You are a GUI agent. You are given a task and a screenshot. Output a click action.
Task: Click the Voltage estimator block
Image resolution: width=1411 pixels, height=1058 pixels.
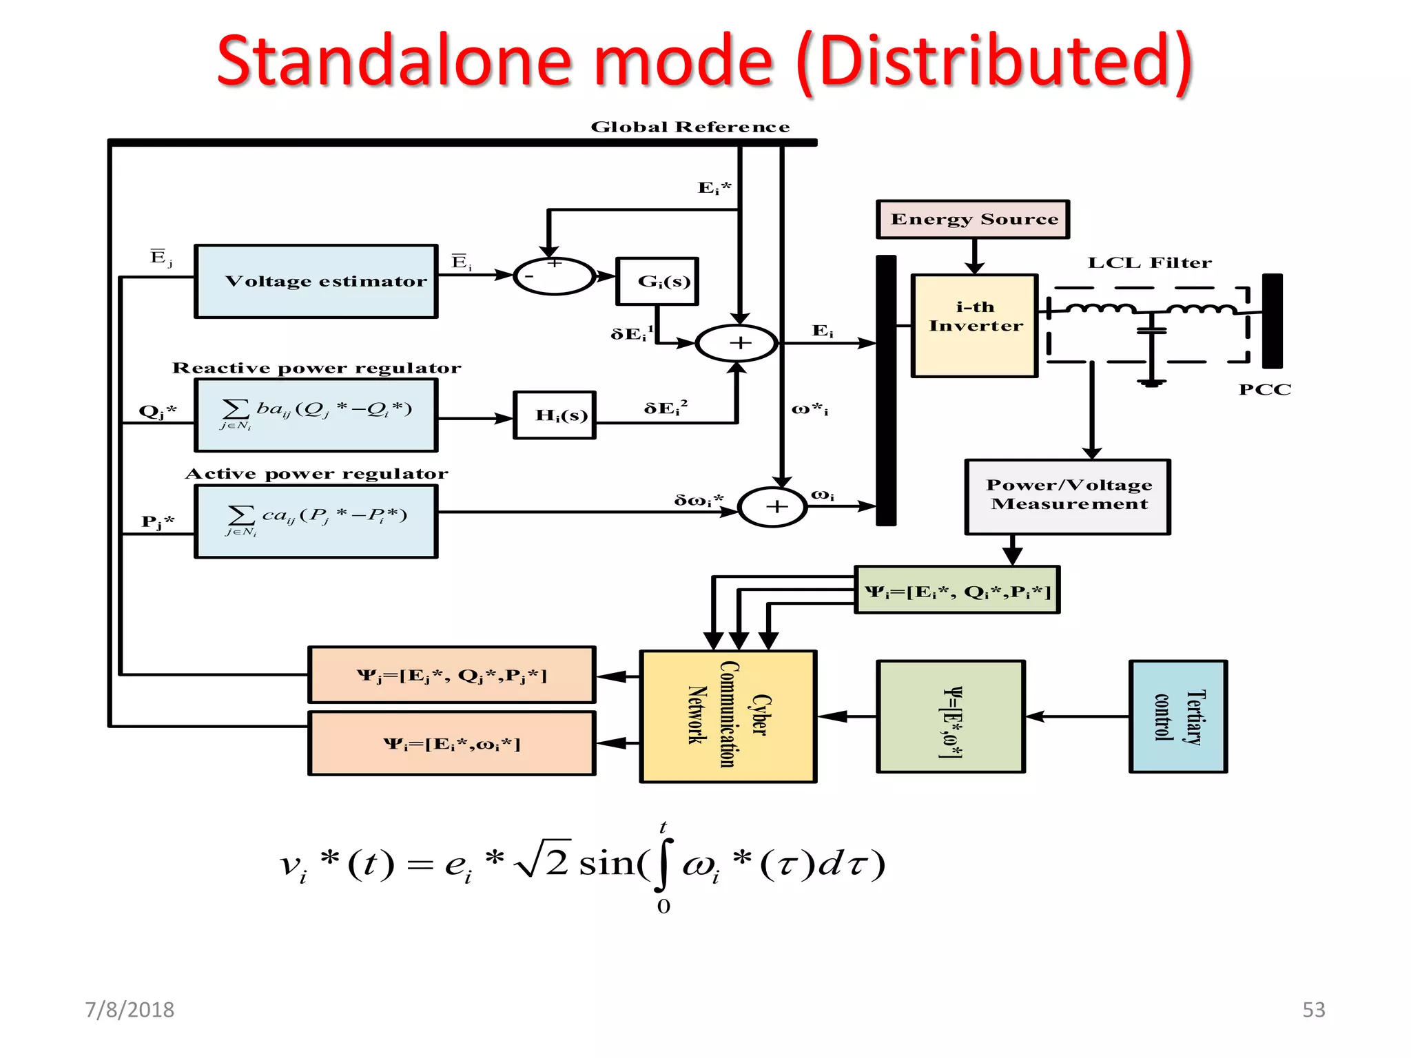pos(316,281)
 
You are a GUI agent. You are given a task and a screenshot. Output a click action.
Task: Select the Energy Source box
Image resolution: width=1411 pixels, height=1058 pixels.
pos(973,219)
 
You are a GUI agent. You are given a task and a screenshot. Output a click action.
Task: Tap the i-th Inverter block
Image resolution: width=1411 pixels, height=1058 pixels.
pos(975,325)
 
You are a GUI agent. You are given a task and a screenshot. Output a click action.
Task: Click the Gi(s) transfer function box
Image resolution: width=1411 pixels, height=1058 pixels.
pos(657,281)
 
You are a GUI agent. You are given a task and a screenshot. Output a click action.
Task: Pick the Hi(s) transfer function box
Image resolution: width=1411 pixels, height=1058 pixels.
pos(555,415)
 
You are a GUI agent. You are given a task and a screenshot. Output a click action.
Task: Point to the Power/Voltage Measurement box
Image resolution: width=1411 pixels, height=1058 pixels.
pos(1068,497)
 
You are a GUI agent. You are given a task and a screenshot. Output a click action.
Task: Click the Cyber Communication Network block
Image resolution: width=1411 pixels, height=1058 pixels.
pos(728,716)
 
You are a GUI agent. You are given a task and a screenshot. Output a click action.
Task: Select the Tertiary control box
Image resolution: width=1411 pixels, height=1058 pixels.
pos(1178,716)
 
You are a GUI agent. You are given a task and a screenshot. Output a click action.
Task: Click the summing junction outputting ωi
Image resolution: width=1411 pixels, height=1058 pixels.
pos(773,507)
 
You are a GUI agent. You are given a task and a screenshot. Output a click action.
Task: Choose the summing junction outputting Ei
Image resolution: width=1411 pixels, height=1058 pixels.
pos(737,342)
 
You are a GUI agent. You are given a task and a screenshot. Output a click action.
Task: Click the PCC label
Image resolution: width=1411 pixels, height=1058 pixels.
pos(1265,389)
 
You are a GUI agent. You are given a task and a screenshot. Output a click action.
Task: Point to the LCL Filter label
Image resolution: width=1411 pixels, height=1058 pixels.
pos(1149,262)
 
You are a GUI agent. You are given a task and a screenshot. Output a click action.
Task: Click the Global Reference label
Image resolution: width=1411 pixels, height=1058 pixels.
pos(690,127)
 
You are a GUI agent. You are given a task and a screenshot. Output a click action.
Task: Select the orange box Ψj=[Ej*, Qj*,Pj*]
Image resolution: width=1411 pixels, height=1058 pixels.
pos(452,675)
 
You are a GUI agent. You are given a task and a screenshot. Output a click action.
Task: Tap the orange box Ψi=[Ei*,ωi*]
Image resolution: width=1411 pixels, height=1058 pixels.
pos(452,744)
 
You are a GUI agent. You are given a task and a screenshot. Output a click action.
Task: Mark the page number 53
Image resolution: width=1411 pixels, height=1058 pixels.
pos(1313,1009)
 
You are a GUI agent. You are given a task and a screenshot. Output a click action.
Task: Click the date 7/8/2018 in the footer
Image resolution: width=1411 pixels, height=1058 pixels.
pos(130,1009)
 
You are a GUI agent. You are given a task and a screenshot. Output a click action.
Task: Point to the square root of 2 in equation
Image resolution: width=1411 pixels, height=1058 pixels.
pos(544,861)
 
